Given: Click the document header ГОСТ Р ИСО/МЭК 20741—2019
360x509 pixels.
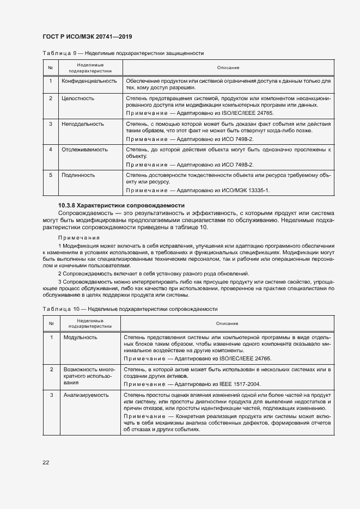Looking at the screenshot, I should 87,36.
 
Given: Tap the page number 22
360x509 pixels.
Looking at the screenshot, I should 46,462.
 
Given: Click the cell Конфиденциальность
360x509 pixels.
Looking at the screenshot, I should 90,81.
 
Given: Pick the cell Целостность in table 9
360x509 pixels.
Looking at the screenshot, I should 79,99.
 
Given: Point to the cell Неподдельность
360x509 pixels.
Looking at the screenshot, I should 83,124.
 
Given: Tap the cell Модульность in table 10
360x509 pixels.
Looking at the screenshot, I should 81,337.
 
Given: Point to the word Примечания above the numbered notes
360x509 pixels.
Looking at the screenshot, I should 79,238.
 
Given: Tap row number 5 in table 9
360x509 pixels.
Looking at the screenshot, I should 50,175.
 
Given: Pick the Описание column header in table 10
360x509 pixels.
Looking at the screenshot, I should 227,323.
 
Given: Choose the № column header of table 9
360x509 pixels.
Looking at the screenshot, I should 50,68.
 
